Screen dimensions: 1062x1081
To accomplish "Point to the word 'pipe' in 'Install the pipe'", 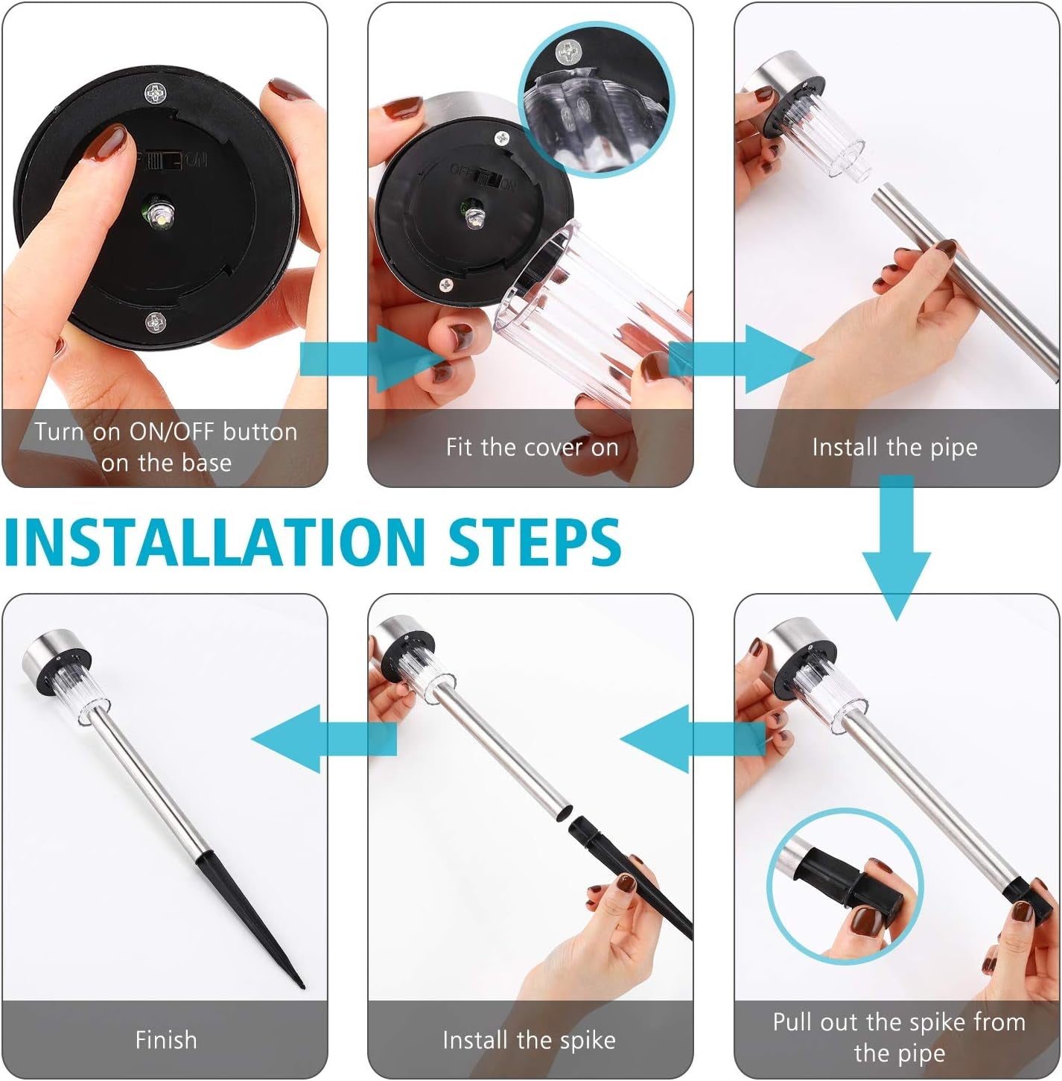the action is [954, 448].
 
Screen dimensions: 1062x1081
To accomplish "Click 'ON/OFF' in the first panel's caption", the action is [172, 433].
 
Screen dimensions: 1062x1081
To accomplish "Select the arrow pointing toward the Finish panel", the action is [324, 739].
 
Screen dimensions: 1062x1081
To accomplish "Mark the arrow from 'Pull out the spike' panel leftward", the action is [693, 739].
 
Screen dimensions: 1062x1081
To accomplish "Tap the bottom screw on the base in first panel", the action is [155, 323].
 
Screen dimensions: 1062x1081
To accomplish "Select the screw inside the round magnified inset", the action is [568, 52].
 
